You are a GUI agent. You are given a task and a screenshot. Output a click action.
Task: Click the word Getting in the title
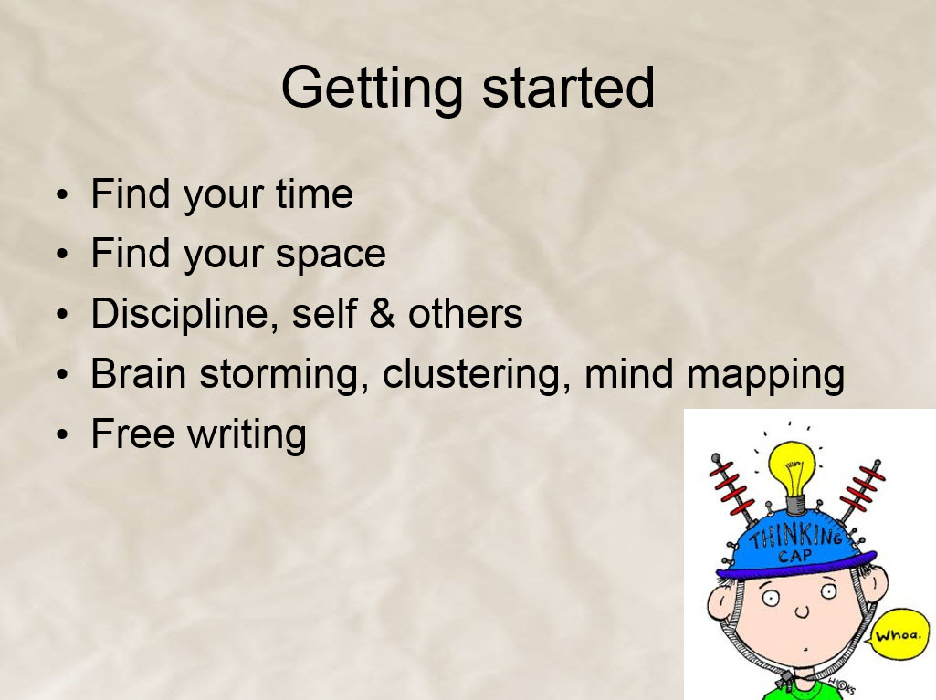(372, 89)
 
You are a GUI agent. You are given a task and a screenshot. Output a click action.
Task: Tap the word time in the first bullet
(314, 194)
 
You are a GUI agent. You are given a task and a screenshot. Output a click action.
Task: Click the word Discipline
(184, 314)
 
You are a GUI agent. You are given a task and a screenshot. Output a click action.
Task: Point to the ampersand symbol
(382, 313)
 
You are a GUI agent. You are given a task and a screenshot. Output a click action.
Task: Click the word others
(465, 313)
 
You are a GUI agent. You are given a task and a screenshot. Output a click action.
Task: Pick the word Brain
(139, 373)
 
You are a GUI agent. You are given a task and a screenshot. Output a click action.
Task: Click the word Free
(133, 434)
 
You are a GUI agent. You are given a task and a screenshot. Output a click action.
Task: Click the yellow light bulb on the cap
(792, 472)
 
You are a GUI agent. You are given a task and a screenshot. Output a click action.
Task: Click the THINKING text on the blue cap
(796, 535)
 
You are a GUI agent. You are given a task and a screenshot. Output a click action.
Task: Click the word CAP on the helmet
(795, 557)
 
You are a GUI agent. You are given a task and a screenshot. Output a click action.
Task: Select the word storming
(284, 375)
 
